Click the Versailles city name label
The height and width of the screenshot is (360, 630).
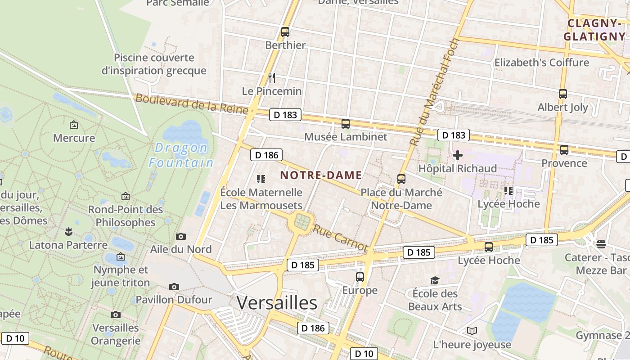click(277, 303)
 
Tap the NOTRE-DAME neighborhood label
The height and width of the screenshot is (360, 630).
click(321, 175)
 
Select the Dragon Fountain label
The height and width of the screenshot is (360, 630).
click(181, 155)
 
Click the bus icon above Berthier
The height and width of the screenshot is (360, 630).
click(285, 32)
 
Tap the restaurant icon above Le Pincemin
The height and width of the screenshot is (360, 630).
click(272, 78)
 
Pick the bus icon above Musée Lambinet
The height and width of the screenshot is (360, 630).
click(346, 123)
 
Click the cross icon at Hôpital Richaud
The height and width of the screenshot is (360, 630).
click(458, 156)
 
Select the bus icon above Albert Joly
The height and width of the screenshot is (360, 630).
click(562, 94)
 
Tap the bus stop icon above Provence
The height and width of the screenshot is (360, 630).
click(564, 150)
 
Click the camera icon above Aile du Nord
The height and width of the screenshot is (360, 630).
click(181, 236)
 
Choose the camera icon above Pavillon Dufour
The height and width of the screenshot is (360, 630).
click(174, 287)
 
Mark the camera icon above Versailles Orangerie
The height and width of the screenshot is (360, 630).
click(116, 315)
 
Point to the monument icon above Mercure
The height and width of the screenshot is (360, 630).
click(74, 125)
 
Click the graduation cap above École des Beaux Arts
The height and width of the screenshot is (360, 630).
click(435, 280)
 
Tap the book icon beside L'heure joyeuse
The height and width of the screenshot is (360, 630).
click(472, 331)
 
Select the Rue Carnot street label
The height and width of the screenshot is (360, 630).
click(341, 238)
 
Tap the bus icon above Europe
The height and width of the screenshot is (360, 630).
click(360, 277)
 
